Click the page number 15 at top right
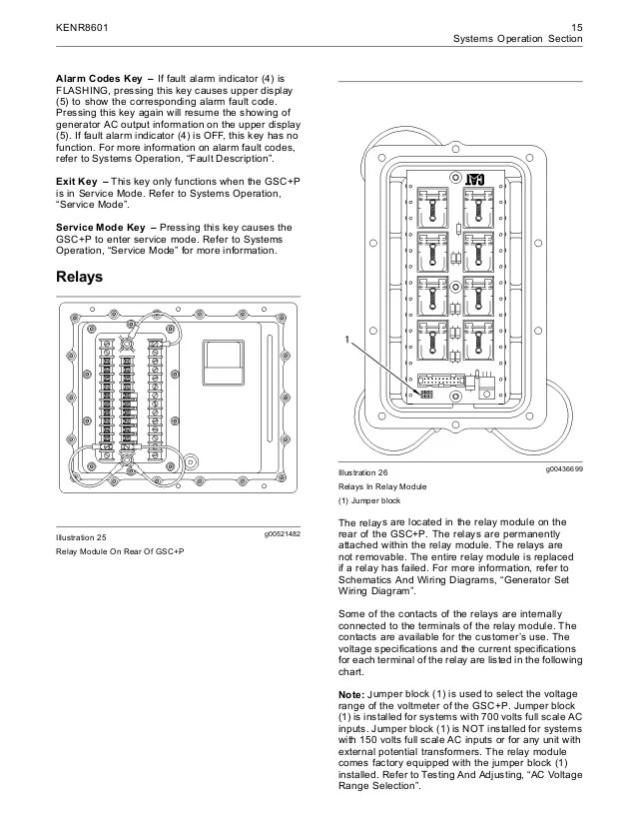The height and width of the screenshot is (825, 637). (575, 26)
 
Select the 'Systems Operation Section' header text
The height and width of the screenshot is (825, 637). (517, 39)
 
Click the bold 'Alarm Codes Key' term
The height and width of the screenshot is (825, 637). (97, 78)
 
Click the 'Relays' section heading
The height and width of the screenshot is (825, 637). (80, 277)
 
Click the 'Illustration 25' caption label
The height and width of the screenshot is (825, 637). (81, 538)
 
